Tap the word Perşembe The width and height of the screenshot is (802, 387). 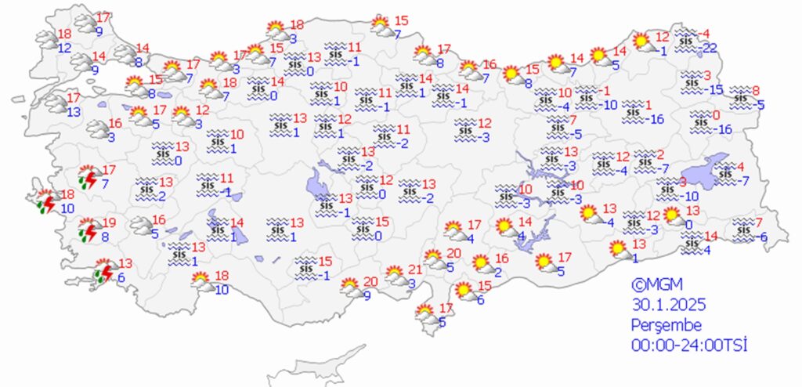click(667, 325)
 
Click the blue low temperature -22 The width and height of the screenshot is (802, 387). click(710, 49)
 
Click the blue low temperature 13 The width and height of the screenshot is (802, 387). click(74, 112)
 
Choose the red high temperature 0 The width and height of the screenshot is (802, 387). click(715, 114)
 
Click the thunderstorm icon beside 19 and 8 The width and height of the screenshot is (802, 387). click(90, 231)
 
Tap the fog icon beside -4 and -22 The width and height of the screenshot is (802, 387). click(686, 38)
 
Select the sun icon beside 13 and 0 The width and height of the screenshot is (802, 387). click(672, 215)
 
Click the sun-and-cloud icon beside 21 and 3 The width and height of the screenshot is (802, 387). click(396, 276)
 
